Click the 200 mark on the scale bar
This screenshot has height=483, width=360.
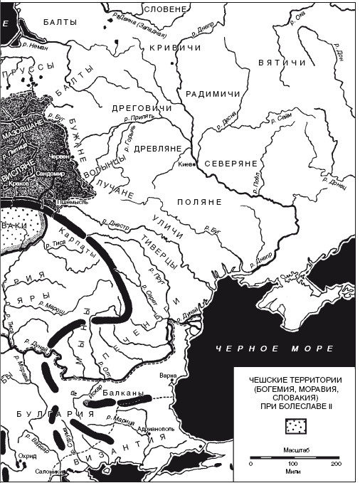(x=336, y=464)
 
